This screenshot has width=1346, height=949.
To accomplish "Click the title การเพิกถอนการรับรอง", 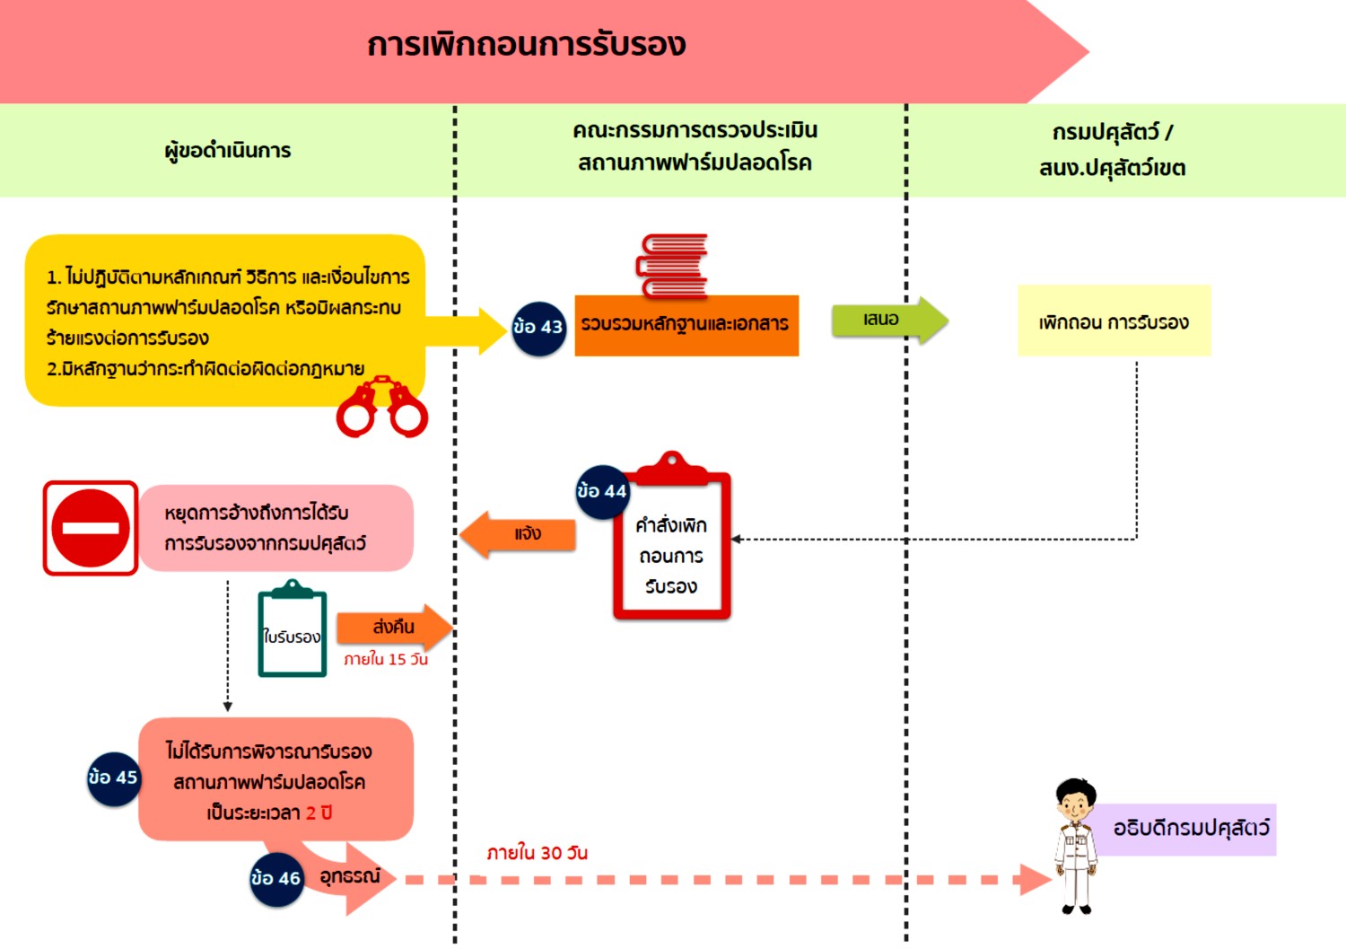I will point(527,45).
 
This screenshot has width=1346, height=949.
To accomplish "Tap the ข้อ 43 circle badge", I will point(538,328).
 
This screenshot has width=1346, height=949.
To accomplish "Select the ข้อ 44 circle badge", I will point(602,491).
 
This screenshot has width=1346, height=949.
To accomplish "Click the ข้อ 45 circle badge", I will point(113,778).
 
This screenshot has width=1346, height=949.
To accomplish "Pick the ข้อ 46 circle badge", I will point(276,878).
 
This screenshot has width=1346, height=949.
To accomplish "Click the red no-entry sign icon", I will point(91,528).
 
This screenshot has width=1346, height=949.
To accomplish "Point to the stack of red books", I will point(673,265).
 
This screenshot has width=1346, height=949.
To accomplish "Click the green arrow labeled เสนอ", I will point(887,321).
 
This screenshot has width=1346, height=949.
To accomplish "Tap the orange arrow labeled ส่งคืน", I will point(395,628).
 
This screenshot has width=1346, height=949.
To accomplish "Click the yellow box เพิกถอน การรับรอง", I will point(1114,321).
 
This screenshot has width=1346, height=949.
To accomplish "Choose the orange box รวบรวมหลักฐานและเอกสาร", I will point(686,325).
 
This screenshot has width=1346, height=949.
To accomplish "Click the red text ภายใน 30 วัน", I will point(537,853).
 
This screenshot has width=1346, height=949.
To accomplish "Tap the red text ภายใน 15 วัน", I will point(386,660).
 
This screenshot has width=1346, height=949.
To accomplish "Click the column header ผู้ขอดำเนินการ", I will point(228,151).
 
